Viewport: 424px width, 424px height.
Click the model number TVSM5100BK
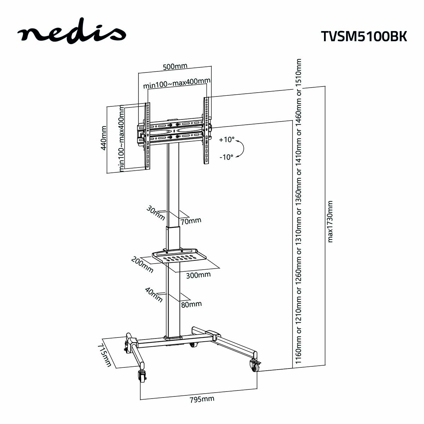[x=364, y=36]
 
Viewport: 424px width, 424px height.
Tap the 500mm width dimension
[x=175, y=66]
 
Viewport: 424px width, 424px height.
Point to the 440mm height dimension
[x=104, y=138]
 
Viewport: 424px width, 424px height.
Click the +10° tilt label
[x=227, y=140]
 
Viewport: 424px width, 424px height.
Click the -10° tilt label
[x=226, y=157]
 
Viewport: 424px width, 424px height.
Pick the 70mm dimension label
[x=190, y=221]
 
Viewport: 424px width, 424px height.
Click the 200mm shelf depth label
[x=142, y=265]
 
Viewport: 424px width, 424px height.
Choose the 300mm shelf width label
[x=198, y=275]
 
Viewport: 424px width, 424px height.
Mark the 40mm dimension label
[x=154, y=295]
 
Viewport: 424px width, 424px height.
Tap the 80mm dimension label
[x=191, y=304]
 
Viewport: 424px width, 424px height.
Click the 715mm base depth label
[x=105, y=354]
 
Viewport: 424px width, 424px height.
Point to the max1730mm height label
[x=330, y=222]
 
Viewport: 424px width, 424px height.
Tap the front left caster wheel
[x=142, y=377]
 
